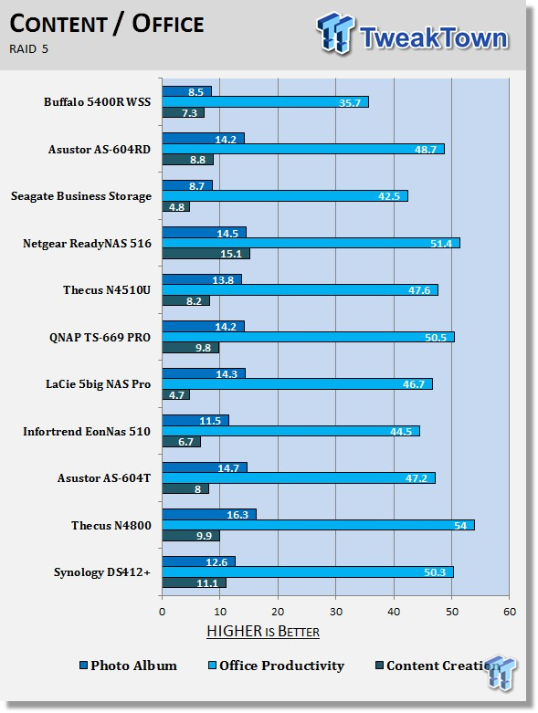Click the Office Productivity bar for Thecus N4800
(319, 525)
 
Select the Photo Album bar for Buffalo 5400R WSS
(187, 91)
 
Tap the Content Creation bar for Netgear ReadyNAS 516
(206, 254)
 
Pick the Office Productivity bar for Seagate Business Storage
(285, 196)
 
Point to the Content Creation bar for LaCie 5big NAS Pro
(176, 394)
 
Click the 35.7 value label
(350, 103)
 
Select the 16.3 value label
(237, 515)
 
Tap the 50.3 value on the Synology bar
(435, 572)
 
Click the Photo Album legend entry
(128, 666)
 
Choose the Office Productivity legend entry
(276, 666)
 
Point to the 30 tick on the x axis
(336, 612)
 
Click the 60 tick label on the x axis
(510, 612)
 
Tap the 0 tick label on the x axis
(163, 612)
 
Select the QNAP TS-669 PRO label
(100, 338)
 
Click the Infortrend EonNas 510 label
(87, 432)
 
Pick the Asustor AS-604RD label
(100, 149)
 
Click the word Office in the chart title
(168, 24)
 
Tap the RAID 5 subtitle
(28, 49)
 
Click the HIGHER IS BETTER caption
(263, 631)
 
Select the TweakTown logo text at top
(434, 37)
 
